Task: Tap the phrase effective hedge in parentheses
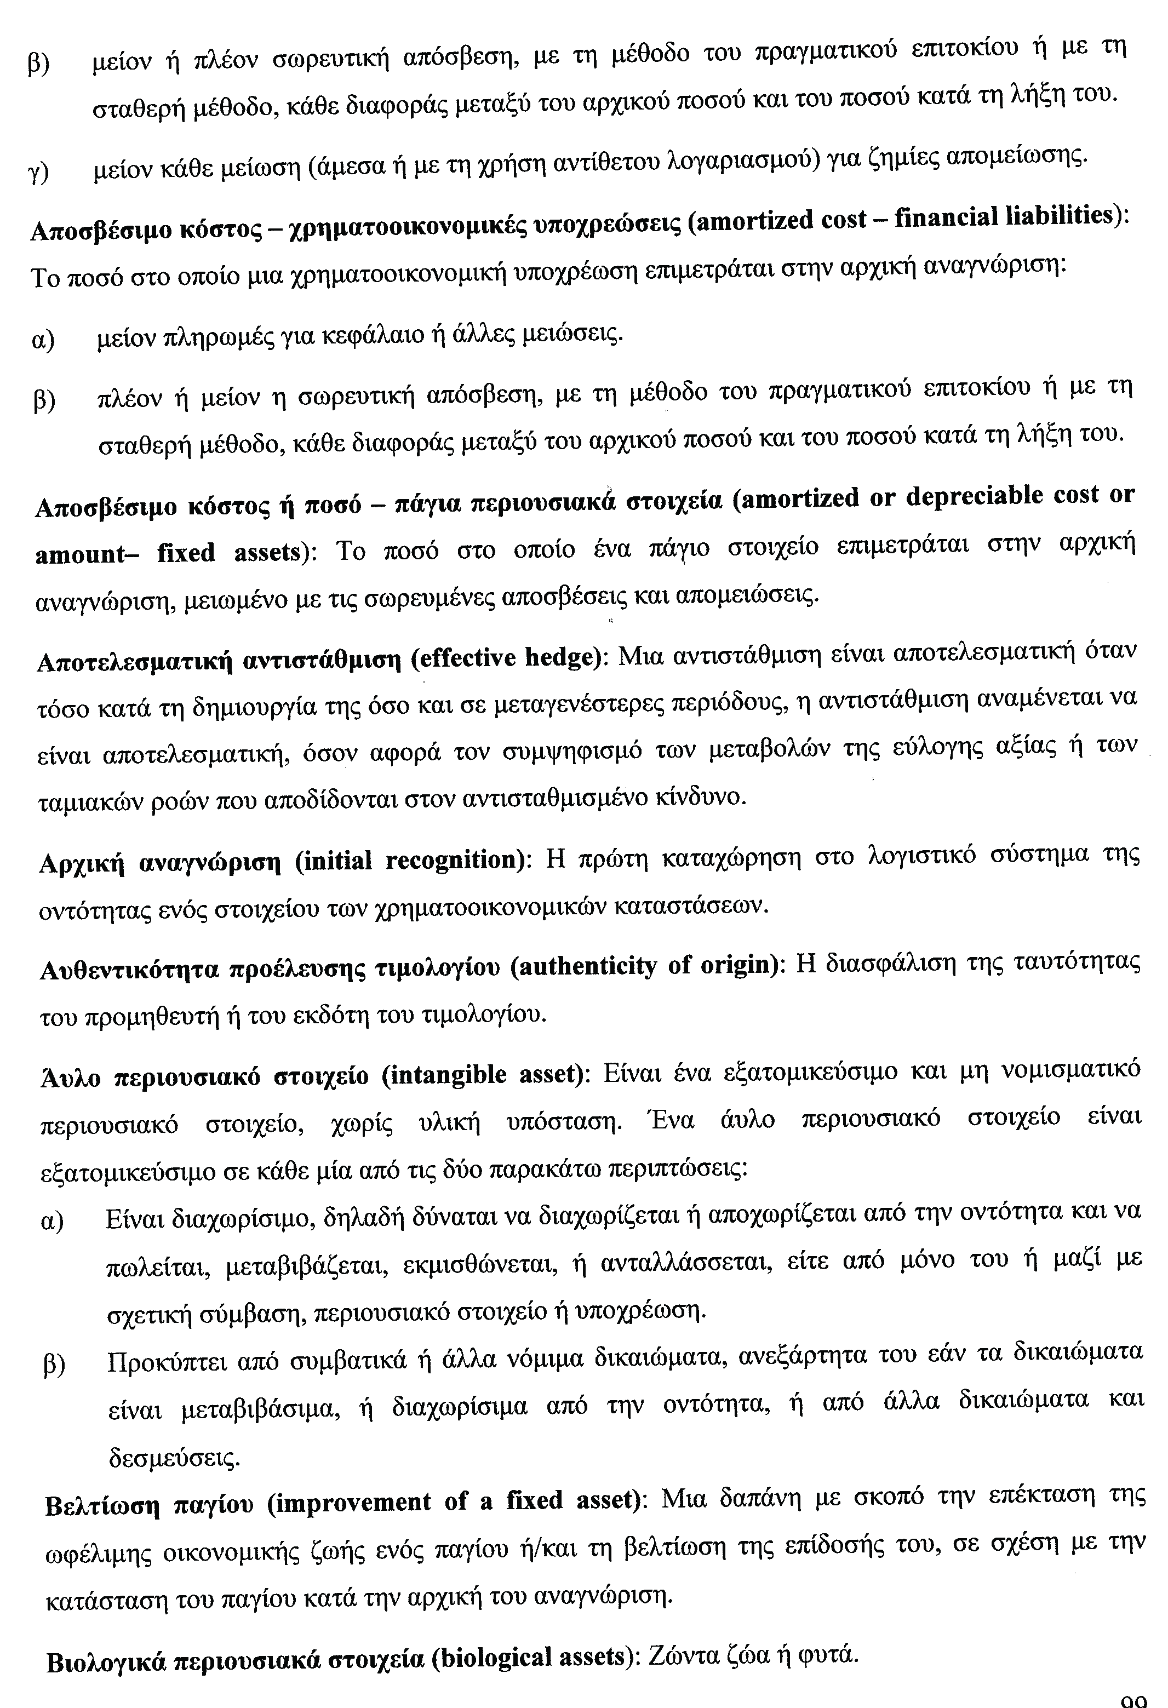click(x=505, y=657)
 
